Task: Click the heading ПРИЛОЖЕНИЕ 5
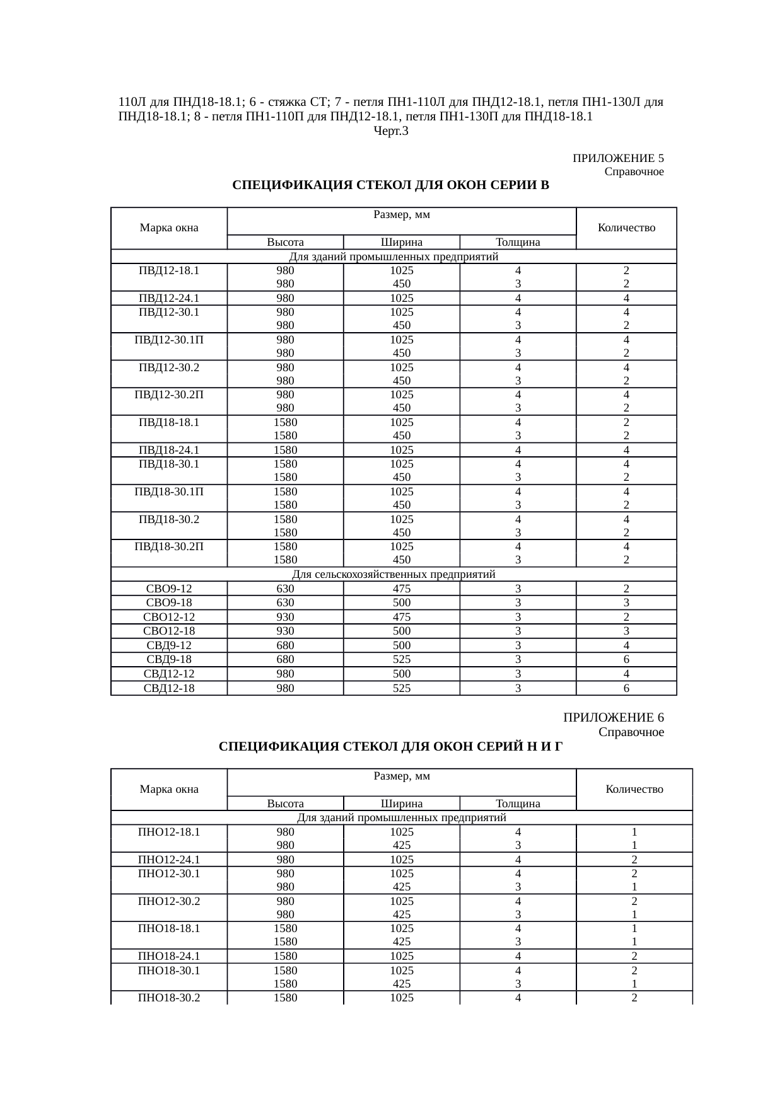click(x=617, y=158)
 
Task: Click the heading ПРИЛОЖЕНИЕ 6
click(x=613, y=718)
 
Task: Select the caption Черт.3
click(x=391, y=131)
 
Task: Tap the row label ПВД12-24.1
click(x=169, y=299)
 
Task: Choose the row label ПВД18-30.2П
click(x=169, y=546)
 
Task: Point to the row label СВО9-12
click(x=169, y=589)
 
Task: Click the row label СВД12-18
click(x=169, y=688)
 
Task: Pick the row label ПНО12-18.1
click(x=169, y=832)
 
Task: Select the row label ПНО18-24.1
click(x=169, y=956)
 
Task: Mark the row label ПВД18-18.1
click(x=169, y=422)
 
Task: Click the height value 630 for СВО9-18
click(x=285, y=602)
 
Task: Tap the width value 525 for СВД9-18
click(x=402, y=659)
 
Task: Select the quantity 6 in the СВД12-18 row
click(x=626, y=688)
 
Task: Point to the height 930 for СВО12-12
click(x=285, y=617)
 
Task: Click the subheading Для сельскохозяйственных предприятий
click(x=394, y=574)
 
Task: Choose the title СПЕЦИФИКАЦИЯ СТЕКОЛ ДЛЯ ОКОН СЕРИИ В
click(x=391, y=185)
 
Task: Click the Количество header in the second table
click(x=634, y=789)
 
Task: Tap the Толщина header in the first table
click(x=518, y=242)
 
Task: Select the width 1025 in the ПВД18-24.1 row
click(x=402, y=450)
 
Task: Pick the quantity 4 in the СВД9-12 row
click(x=626, y=645)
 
